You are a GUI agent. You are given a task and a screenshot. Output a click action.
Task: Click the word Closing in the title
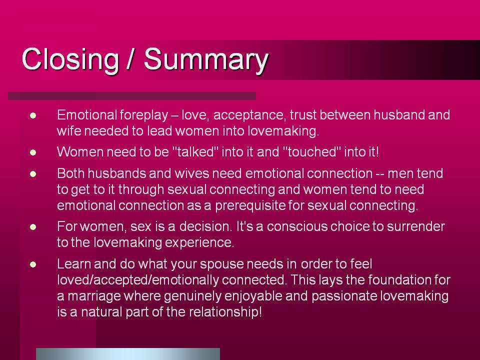click(x=70, y=60)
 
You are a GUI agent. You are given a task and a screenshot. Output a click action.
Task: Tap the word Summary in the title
click(x=206, y=60)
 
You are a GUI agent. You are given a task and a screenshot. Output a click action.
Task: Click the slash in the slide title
click(x=130, y=59)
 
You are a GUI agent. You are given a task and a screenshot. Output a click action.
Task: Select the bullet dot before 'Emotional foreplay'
click(x=33, y=115)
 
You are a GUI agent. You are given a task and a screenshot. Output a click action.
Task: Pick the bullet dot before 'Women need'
click(x=33, y=152)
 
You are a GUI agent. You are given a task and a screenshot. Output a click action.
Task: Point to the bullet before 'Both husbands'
click(x=33, y=174)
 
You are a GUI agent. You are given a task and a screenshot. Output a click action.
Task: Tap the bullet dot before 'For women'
click(x=33, y=227)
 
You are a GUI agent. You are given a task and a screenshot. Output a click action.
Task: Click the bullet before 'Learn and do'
click(x=33, y=264)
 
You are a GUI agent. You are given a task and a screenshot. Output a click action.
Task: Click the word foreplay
click(x=144, y=115)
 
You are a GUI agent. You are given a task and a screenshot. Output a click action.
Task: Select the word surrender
click(x=415, y=226)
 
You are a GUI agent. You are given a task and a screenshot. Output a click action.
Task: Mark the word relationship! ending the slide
click(x=225, y=312)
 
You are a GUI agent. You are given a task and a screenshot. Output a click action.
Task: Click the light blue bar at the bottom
click(x=128, y=354)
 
